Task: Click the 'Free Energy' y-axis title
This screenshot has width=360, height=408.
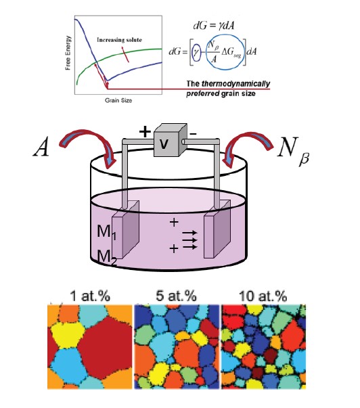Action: tap(68, 53)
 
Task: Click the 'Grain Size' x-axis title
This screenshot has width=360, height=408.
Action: tap(118, 100)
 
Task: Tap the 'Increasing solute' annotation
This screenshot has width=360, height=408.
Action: tap(120, 40)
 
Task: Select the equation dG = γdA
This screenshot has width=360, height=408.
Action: tap(213, 25)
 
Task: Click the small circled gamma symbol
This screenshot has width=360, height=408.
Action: tap(196, 51)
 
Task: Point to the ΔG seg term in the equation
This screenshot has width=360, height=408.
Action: tap(231, 53)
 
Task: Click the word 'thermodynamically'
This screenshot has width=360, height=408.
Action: tap(235, 83)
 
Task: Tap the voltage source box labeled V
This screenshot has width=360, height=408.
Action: tap(171, 140)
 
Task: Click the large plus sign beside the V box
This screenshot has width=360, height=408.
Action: tap(145, 131)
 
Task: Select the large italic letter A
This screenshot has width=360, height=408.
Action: tap(41, 147)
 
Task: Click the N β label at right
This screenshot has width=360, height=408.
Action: tap(292, 150)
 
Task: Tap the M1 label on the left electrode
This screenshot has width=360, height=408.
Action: tap(106, 231)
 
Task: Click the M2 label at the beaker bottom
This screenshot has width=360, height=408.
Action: tap(107, 257)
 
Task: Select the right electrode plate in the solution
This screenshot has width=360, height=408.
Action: tap(217, 229)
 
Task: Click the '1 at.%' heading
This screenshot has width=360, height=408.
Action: tap(90, 296)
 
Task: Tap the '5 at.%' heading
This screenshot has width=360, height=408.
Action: tap(176, 296)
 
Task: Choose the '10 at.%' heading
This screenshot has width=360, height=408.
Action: tap(263, 296)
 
